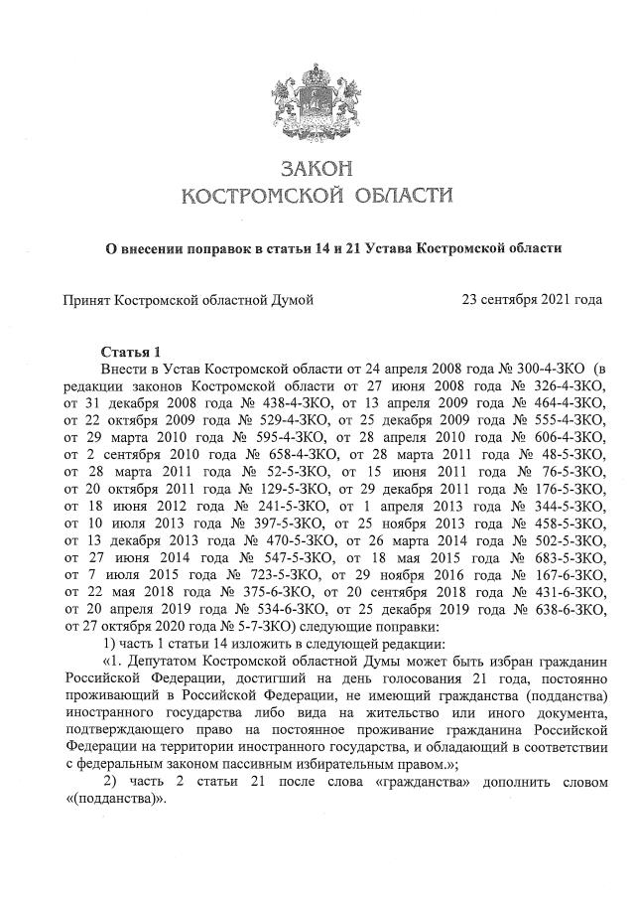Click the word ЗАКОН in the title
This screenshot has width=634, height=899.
pyautogui.click(x=317, y=168)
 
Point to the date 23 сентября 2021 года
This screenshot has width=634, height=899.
pyautogui.click(x=532, y=298)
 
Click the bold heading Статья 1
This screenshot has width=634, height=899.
pyautogui.click(x=131, y=353)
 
